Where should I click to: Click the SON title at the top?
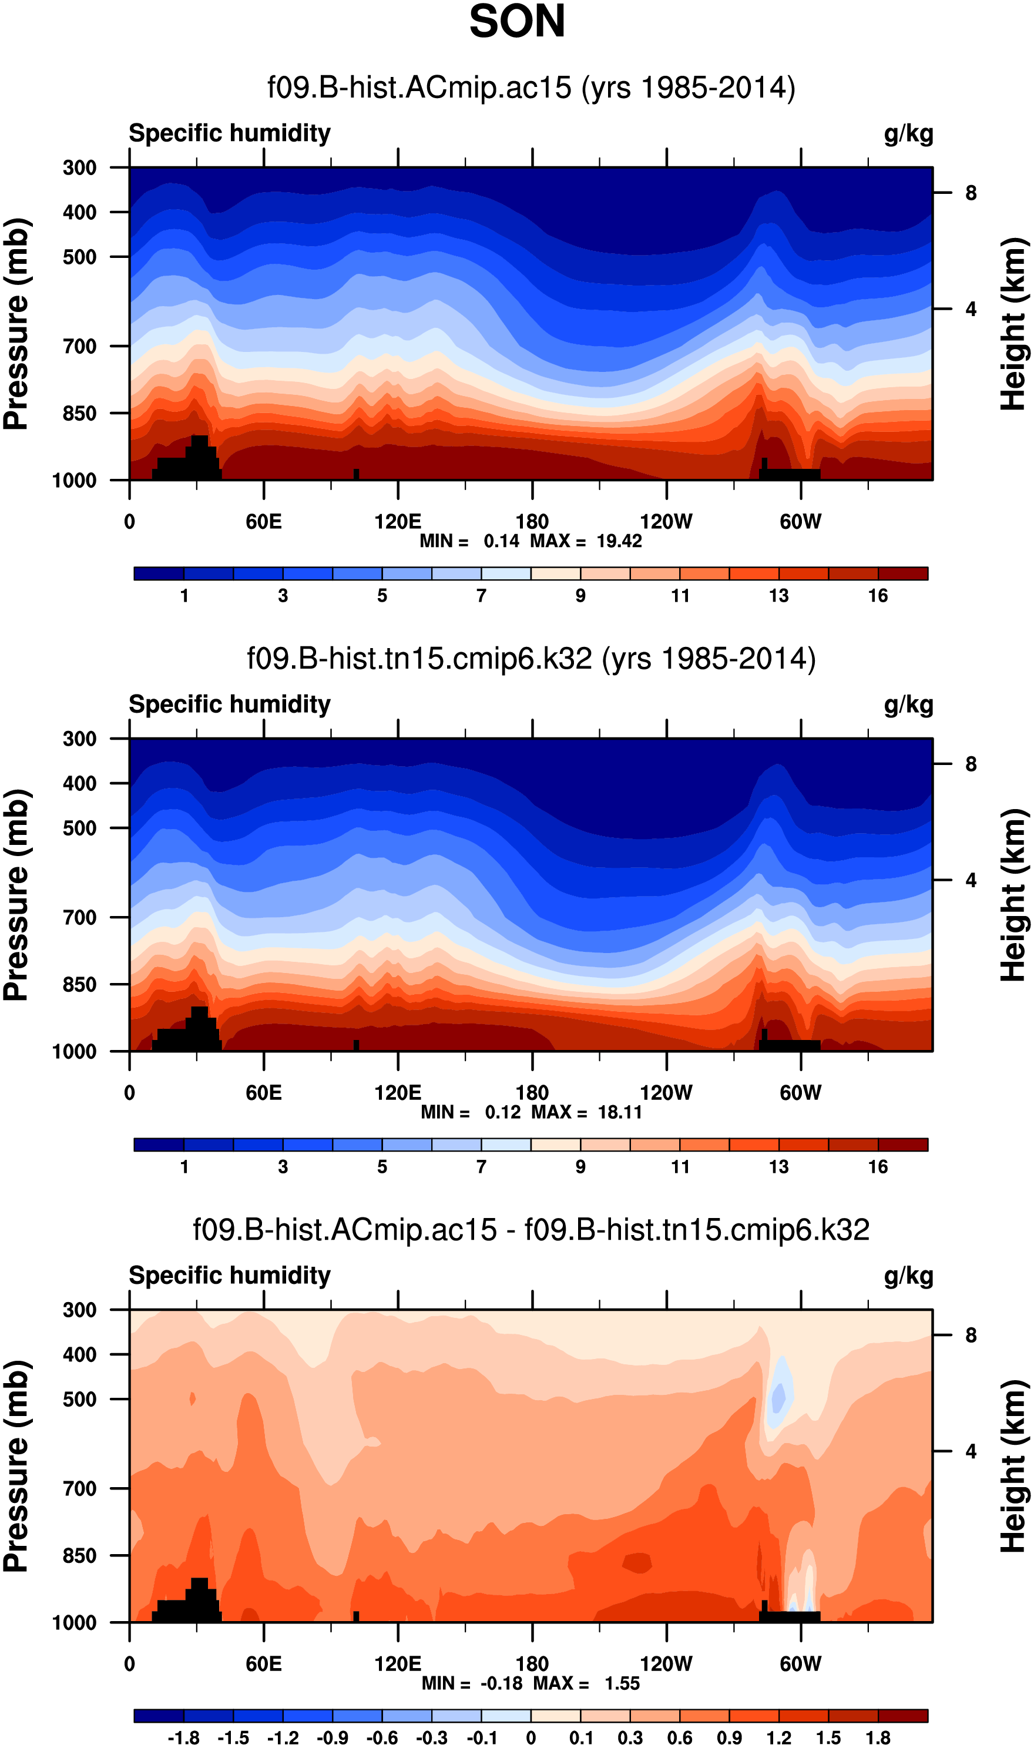pyautogui.click(x=516, y=22)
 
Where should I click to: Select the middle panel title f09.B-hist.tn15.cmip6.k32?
pyautogui.click(x=531, y=659)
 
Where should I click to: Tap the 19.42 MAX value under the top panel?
pyautogui.click(x=619, y=541)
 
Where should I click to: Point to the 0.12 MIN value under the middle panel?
pyautogui.click(x=502, y=1112)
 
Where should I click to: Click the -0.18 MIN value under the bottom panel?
pyautogui.click(x=501, y=1683)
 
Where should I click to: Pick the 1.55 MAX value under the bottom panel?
pyautogui.click(x=622, y=1683)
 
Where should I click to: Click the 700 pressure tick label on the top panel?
pyautogui.click(x=79, y=346)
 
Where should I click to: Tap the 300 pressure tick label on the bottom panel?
pyautogui.click(x=79, y=1310)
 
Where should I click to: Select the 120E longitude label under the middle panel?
pyautogui.click(x=397, y=1092)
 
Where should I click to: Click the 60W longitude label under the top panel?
pyautogui.click(x=800, y=522)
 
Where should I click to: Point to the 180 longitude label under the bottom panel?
pyautogui.click(x=532, y=1664)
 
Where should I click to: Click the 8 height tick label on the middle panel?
pyautogui.click(x=971, y=764)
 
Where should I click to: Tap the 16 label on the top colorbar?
pyautogui.click(x=877, y=596)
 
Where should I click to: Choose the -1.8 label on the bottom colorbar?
pyautogui.click(x=183, y=1737)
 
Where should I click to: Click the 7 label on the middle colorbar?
pyautogui.click(x=481, y=1167)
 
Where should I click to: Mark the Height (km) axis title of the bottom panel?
pyautogui.click(x=1014, y=1466)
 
